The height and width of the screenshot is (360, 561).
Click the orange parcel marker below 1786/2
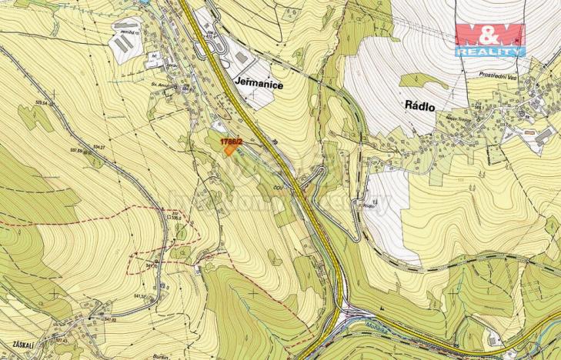point(230,150)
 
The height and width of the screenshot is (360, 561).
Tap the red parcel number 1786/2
point(231,142)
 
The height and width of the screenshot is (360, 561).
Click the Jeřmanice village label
point(257,86)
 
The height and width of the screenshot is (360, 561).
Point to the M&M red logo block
point(489,35)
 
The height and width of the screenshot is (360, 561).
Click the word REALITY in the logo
point(489,52)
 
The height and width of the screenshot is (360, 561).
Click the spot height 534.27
point(99,146)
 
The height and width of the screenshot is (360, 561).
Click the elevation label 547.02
point(111,308)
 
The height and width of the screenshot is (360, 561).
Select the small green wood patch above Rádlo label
point(420,80)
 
